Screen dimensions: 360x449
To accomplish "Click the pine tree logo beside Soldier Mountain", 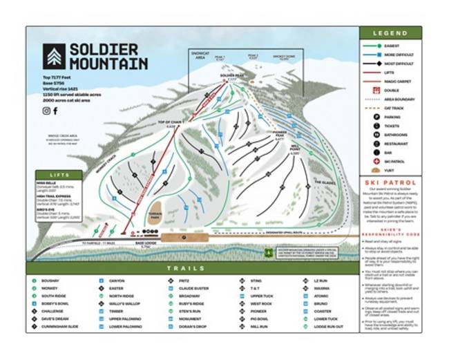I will pyautogui.click(x=53, y=56).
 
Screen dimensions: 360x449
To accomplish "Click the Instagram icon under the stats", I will pyautogui.click(x=46, y=111).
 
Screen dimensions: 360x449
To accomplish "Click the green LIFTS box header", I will pyautogui.click(x=54, y=176).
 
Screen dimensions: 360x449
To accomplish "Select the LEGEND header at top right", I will pyautogui.click(x=390, y=32).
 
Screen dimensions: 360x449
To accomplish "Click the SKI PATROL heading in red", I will pyautogui.click(x=390, y=182).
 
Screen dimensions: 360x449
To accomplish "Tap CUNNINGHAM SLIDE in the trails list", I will pyautogui.click(x=59, y=327).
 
